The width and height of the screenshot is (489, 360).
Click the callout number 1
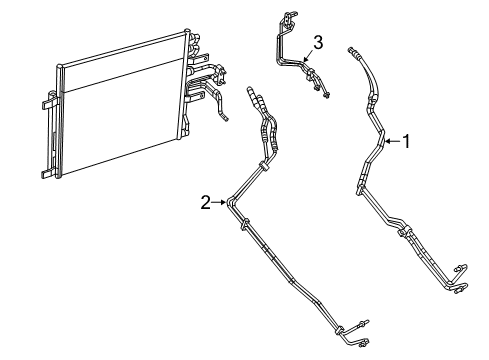[x=406, y=142]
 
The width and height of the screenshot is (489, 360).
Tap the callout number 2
[x=205, y=202]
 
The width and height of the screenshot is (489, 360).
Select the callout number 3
[x=317, y=42]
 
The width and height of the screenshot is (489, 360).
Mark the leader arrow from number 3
[x=309, y=56]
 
